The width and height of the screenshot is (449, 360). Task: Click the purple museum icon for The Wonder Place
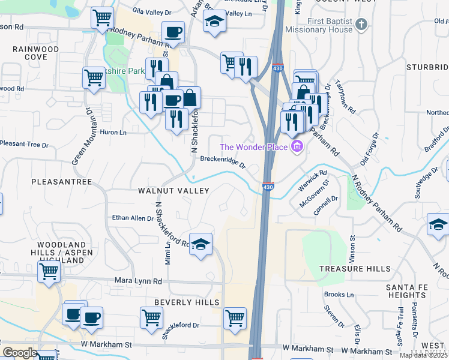297,146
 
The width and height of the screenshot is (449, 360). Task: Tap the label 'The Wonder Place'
255,147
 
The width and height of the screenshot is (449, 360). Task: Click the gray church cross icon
361,25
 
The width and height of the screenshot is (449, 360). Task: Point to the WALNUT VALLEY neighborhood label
173,191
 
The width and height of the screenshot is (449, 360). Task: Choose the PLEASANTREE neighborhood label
61,181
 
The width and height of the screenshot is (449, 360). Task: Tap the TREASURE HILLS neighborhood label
355,269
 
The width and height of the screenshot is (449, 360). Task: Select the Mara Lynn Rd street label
139,281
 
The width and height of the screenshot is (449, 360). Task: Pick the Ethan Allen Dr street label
132,218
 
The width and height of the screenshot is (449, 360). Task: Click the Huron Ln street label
113,133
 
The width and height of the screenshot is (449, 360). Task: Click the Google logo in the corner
20,352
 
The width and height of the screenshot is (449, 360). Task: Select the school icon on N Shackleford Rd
201,244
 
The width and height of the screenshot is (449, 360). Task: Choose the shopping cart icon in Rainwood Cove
94,77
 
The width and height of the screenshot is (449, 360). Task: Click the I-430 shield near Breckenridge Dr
268,188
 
